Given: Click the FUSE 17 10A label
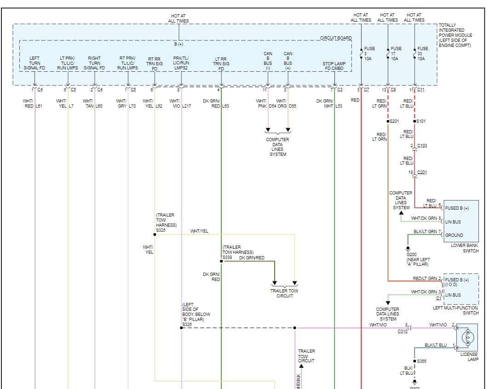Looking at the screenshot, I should point(396,53).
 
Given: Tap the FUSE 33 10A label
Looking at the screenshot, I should point(422,53).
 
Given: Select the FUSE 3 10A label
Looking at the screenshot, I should point(369,53).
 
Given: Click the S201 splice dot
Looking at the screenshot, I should point(388,121).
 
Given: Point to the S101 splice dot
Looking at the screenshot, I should point(415,121).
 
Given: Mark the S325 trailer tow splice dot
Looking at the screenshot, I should point(155,235).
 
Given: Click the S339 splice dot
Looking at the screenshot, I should point(221,261).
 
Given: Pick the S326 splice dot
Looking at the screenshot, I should point(181,328).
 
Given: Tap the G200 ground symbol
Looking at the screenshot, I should point(408,248).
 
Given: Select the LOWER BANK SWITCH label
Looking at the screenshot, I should point(464,248).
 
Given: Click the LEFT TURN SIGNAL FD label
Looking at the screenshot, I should point(35,63).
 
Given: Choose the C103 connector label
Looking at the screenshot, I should point(422,146).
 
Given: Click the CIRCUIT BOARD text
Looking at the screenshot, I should point(336,38).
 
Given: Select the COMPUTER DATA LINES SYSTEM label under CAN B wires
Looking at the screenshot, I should point(277,147).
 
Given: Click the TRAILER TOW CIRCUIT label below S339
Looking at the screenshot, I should point(285,293).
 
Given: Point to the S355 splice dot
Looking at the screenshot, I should point(414,361).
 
